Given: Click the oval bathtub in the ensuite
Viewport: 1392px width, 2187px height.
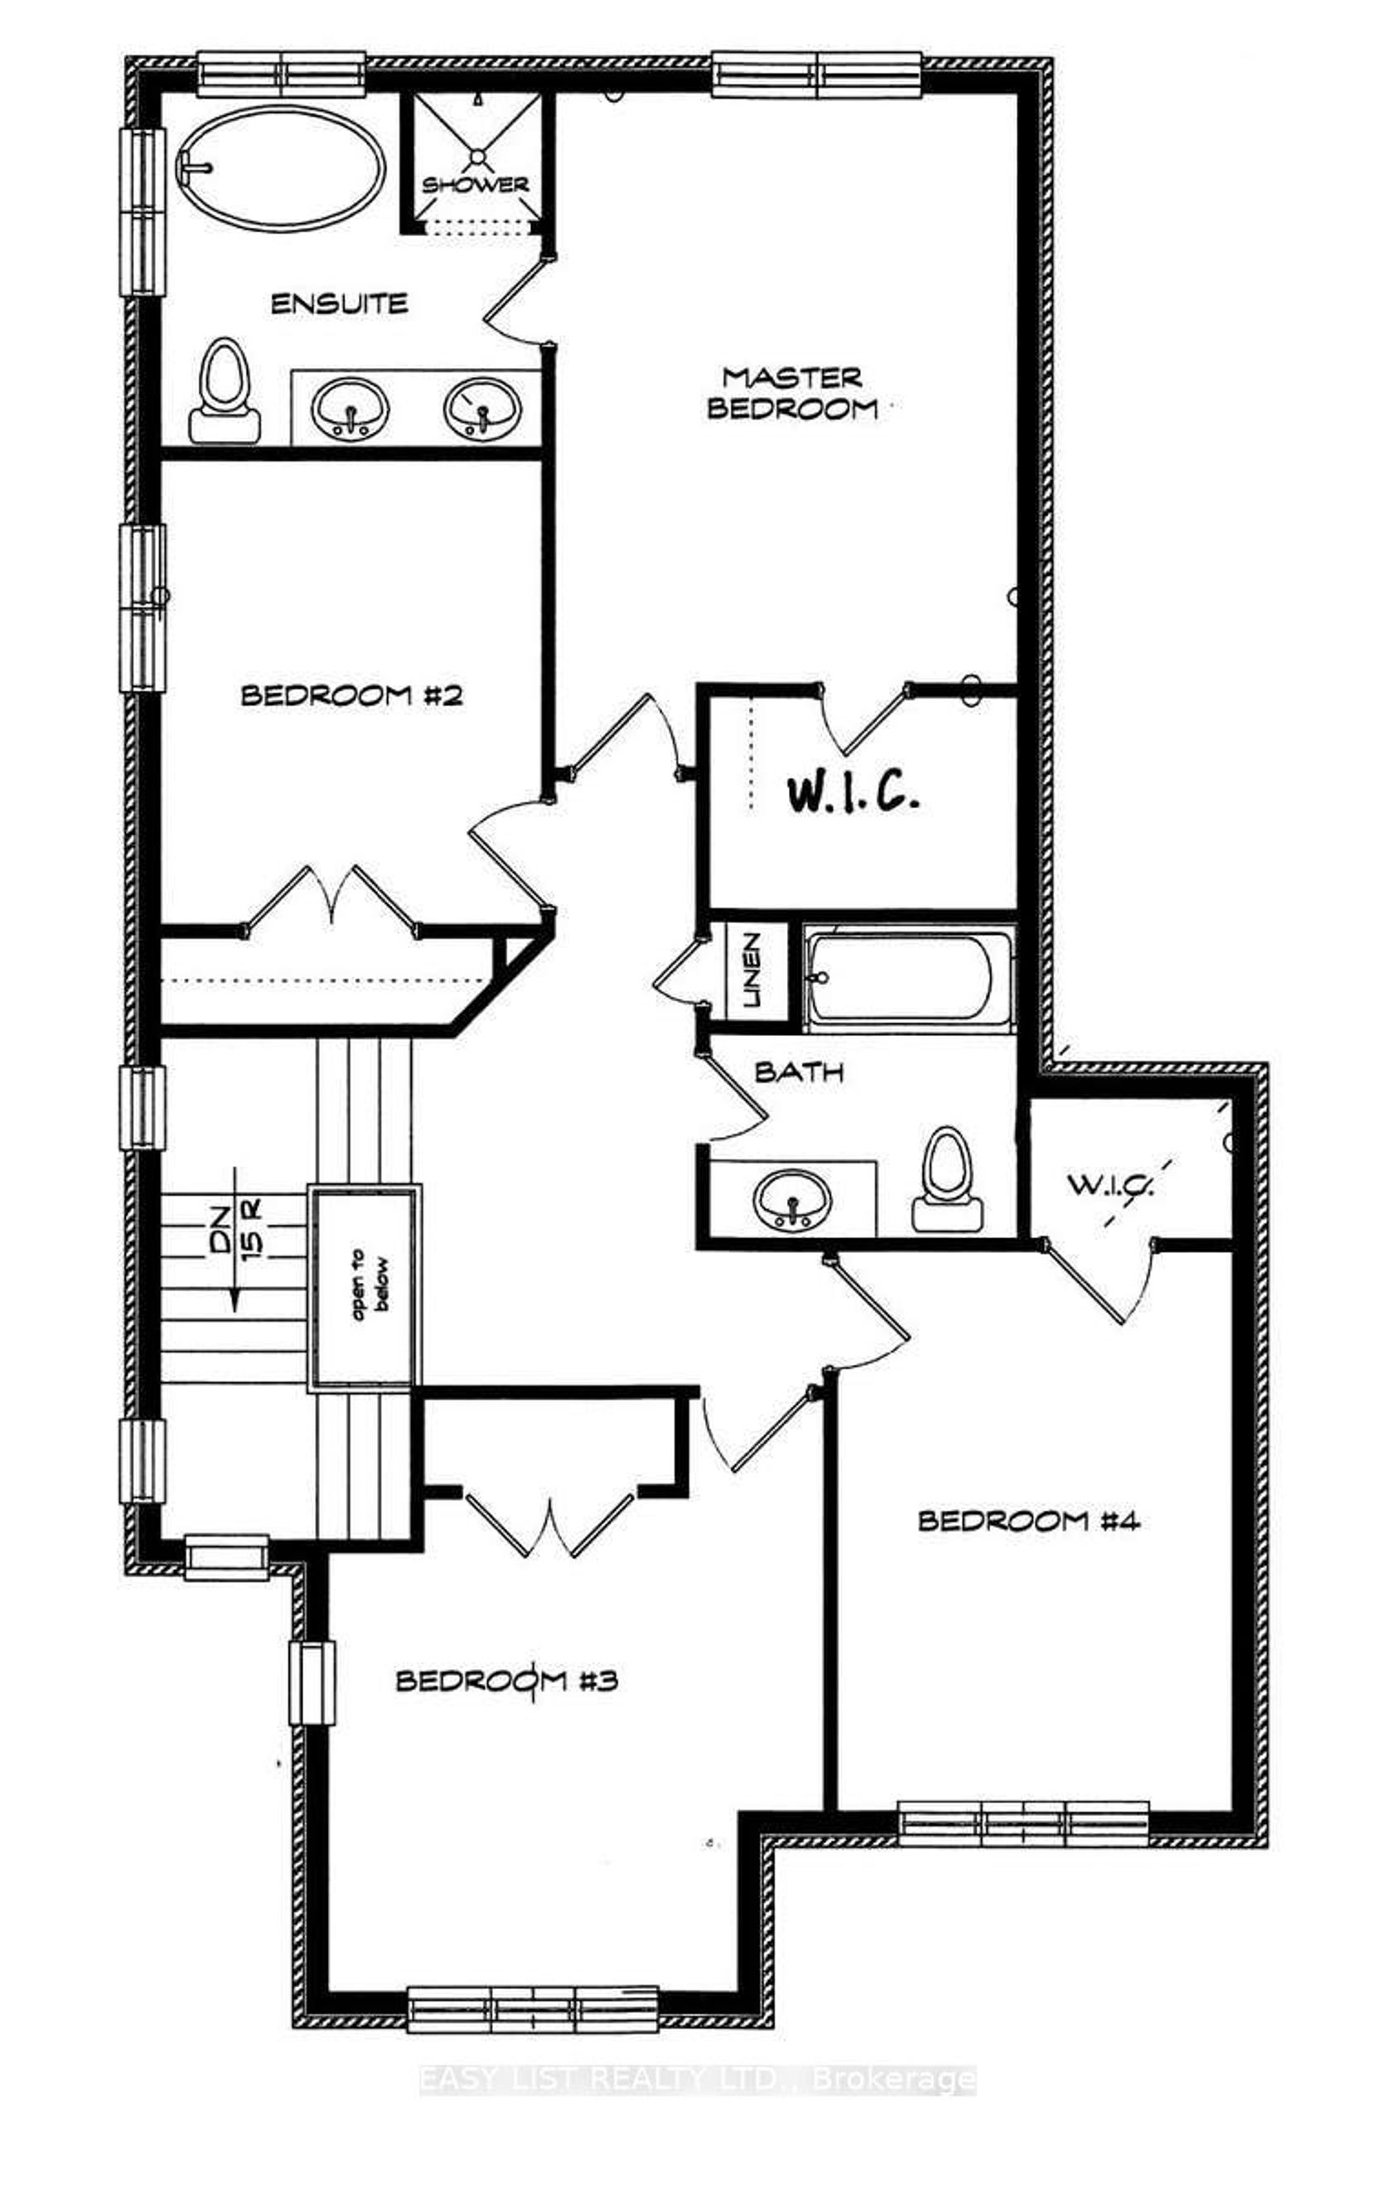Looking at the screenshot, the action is [281, 168].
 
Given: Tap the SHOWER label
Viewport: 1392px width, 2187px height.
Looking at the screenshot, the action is [475, 184].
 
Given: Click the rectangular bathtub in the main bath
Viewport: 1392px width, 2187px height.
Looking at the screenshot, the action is [908, 977].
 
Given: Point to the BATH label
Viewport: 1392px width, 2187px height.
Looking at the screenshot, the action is [799, 1072].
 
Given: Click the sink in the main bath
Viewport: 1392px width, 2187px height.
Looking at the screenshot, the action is [792, 1201].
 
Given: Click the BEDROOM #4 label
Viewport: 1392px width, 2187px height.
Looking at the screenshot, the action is [1029, 1521].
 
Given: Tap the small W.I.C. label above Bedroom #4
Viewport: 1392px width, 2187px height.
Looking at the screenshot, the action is [1109, 1184].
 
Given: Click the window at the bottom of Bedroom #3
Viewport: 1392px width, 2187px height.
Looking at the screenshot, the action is [533, 2008].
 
